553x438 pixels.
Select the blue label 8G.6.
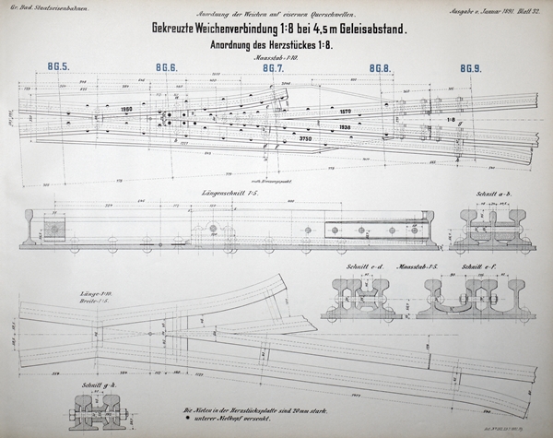click(x=166, y=68)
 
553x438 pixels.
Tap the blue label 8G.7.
click(x=272, y=68)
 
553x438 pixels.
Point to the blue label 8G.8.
click(x=380, y=68)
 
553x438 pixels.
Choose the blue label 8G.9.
click(x=471, y=68)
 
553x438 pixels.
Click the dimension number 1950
click(x=127, y=111)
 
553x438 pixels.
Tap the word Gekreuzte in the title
click(x=183, y=29)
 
